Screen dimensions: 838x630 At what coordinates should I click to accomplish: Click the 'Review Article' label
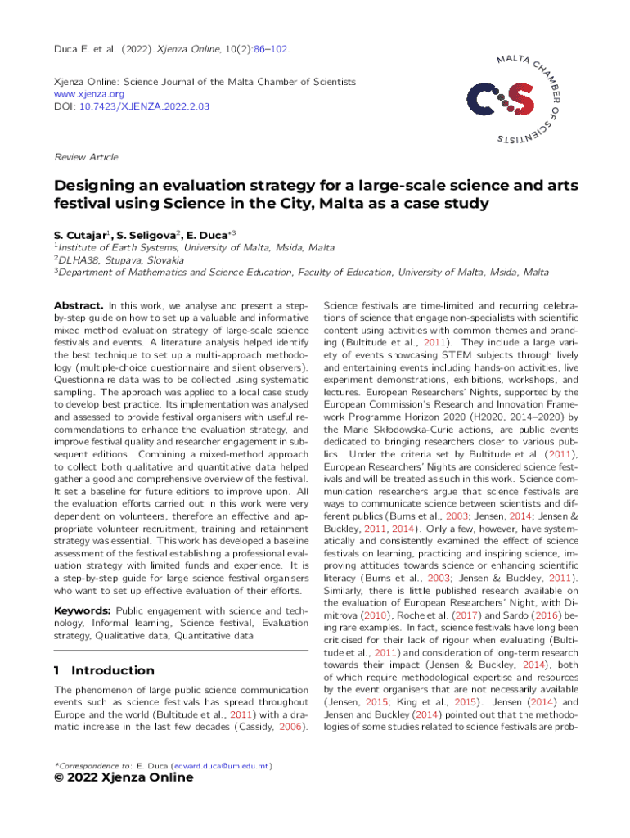coord(86,157)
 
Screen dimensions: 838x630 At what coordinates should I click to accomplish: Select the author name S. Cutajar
coord(80,235)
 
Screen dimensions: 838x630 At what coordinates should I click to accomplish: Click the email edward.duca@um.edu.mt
coord(219,766)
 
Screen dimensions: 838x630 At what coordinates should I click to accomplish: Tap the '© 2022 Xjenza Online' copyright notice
coord(124,778)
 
